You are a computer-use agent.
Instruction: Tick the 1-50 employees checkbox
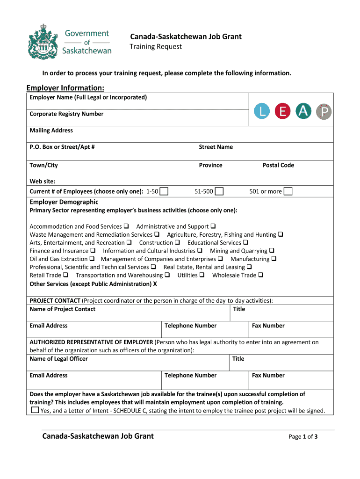[164, 191]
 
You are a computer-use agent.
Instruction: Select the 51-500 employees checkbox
[219, 191]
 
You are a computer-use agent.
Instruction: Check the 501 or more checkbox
[288, 191]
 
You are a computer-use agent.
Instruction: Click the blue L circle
[262, 111]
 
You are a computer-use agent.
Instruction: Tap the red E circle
[282, 111]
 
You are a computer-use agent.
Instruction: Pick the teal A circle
[303, 111]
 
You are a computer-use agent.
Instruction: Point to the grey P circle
[324, 111]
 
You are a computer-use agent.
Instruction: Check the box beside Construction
[178, 243]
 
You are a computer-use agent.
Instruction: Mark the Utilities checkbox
[202, 275]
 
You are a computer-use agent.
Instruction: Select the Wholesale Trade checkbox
[260, 275]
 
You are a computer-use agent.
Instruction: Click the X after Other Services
[155, 283]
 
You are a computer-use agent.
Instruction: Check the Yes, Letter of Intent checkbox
[35, 410]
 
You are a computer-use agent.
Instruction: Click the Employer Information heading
[65, 88]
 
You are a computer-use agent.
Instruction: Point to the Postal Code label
[278, 165]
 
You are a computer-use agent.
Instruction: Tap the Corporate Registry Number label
[66, 114]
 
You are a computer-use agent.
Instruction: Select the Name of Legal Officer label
[58, 359]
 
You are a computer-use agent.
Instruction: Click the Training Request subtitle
[156, 46]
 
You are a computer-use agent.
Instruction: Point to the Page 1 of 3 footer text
[303, 437]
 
